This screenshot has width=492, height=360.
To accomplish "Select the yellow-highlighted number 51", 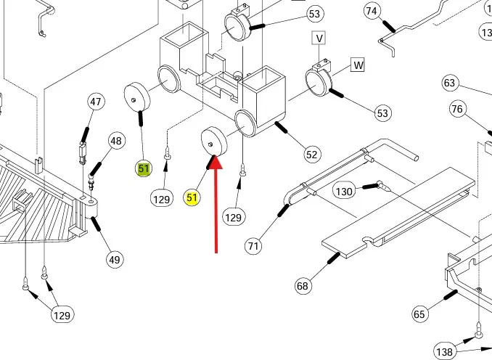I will (192, 197).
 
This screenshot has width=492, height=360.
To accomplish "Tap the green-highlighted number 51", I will (144, 169).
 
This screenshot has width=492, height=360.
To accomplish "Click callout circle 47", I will (97, 102).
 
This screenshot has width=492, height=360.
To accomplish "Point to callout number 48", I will (117, 140).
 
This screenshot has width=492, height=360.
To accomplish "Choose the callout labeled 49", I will (115, 259).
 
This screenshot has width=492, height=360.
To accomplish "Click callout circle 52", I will (312, 154).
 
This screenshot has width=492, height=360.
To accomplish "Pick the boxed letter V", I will (319, 38).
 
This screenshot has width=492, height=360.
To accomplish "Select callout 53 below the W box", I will (382, 113).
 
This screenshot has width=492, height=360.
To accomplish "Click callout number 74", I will (372, 11).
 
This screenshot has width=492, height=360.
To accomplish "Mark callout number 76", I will (457, 110).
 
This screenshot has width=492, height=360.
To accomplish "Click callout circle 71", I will (253, 246).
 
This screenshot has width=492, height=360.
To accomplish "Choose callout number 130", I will (344, 191).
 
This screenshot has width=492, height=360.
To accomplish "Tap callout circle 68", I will (303, 286).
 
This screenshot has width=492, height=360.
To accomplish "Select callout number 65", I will (419, 314).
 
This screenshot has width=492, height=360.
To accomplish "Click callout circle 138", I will (444, 351).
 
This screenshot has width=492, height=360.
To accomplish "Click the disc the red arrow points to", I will (212, 142).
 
